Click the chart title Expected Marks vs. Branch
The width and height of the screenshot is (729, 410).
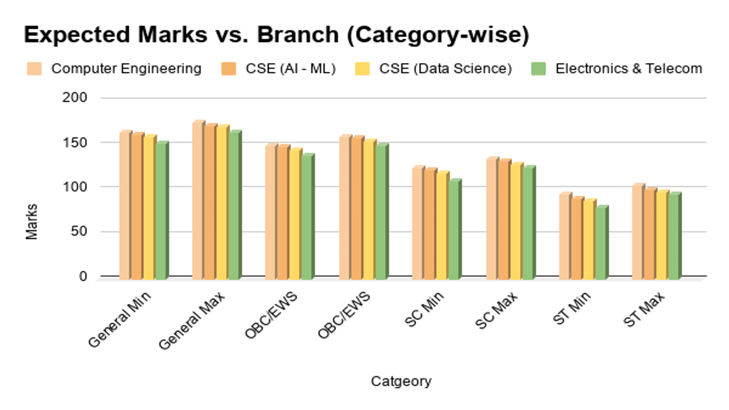(276, 35)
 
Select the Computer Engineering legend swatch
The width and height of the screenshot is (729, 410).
(35, 68)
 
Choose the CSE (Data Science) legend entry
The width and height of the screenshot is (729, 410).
(445, 68)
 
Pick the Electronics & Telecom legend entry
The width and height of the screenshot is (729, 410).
(629, 68)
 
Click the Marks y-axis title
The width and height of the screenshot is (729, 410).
(32, 222)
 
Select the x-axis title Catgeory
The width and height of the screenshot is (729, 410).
(401, 381)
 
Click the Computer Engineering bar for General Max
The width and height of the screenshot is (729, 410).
(198, 200)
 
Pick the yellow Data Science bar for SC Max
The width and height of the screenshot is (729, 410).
(516, 221)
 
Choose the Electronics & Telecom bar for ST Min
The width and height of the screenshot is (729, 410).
(601, 243)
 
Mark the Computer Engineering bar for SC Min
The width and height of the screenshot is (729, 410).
(418, 222)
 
